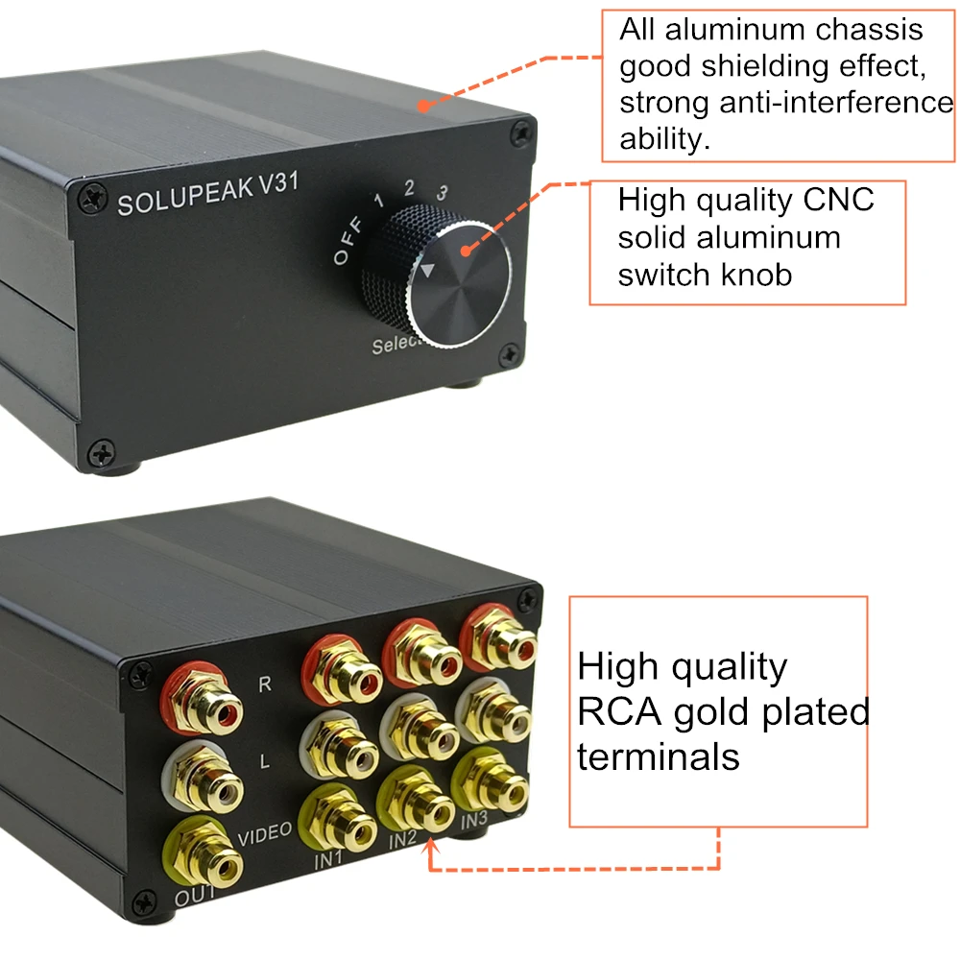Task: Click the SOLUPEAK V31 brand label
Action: tap(208, 194)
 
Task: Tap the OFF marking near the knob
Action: tap(348, 240)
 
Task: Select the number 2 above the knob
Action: tap(409, 187)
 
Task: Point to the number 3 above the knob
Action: tap(442, 194)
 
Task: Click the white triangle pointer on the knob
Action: tap(427, 270)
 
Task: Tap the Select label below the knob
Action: tap(396, 344)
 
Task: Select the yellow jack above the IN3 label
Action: tap(490, 781)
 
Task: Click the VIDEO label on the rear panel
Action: tap(265, 834)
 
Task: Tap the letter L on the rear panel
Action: tap(265, 761)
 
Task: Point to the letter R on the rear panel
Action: tap(265, 684)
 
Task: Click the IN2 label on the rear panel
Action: tap(402, 840)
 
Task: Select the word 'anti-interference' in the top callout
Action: tap(836, 103)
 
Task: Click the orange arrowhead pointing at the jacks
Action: tap(431, 846)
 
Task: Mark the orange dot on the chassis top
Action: tap(423, 106)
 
